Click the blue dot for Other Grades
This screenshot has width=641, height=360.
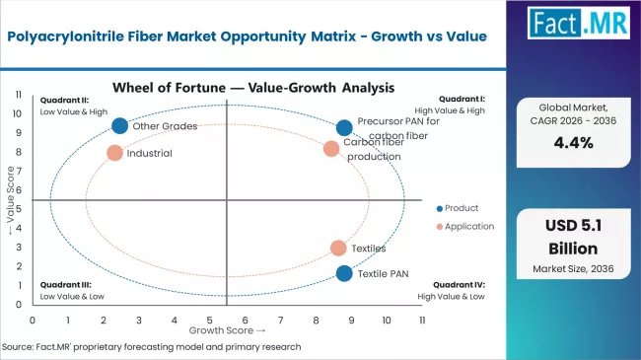click(120, 125)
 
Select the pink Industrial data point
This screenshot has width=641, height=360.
click(115, 153)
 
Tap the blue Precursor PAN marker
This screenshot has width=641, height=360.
click(344, 127)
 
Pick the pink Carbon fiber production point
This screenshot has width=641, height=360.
click(331, 149)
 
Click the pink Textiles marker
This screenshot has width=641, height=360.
click(338, 249)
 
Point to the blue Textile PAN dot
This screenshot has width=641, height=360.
click(343, 273)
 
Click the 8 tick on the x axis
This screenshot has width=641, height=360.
click(317, 321)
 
